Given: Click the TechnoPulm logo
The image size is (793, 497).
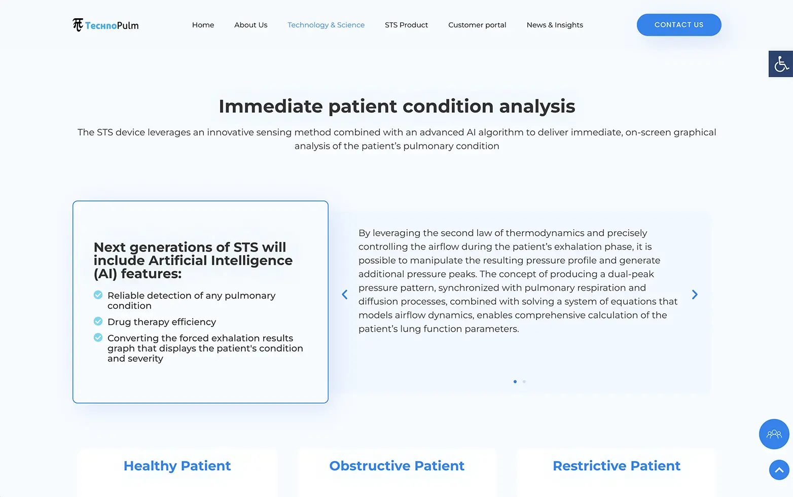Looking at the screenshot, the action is [x=105, y=25].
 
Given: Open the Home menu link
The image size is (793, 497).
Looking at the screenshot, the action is [x=203, y=25].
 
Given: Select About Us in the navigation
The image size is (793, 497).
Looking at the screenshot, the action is [x=250, y=25].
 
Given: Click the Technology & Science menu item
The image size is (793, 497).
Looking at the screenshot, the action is [x=326, y=25].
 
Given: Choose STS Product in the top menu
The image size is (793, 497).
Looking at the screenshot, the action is [x=406, y=25].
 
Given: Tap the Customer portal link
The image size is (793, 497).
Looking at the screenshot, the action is [x=477, y=25].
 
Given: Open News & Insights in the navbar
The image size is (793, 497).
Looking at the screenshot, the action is [x=554, y=25].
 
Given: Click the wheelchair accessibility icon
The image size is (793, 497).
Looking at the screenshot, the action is [x=781, y=64].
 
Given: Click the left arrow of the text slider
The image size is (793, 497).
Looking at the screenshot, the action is [x=344, y=295].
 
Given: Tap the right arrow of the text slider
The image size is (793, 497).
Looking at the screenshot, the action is [x=695, y=295].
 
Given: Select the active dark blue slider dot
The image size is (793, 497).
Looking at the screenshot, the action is [x=515, y=381].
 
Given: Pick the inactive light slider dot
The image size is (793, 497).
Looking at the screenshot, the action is [x=524, y=381].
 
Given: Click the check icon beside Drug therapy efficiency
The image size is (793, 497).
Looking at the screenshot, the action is [x=98, y=321].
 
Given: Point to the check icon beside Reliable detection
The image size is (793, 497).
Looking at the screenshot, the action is [x=98, y=295].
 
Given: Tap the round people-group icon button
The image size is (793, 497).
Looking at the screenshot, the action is [x=774, y=434].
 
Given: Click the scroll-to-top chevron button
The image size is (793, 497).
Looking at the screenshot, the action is [x=779, y=470].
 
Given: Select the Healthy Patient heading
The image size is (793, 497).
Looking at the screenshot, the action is [x=177, y=466].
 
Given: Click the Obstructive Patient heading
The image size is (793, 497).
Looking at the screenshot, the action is [x=397, y=466].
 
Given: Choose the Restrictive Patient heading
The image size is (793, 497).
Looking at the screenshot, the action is [x=617, y=466].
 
